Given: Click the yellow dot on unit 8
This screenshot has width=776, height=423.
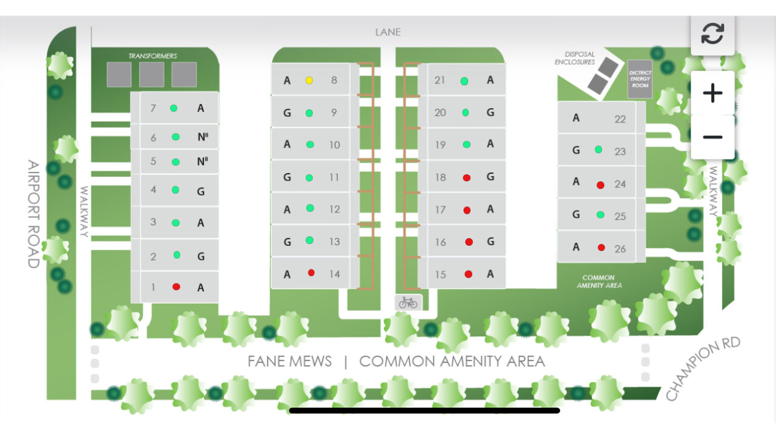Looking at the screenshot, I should point(309,80).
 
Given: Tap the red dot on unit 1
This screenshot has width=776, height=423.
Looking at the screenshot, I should point(176,286).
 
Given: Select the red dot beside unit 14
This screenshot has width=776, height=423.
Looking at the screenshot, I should point(311,273).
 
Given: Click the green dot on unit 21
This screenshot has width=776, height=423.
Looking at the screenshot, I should point(464,81).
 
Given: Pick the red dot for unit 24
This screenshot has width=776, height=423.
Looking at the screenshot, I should point(600,184).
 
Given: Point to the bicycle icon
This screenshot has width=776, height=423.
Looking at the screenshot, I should point(408,302).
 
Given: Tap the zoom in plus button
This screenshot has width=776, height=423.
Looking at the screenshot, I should point(712,93).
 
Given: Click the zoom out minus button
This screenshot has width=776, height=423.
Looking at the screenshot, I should point(712,137).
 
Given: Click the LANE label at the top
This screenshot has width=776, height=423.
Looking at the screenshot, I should point(387,32).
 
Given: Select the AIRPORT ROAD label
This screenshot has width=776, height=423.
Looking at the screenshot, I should point(33,214).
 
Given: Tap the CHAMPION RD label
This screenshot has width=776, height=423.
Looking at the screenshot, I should point(703,368).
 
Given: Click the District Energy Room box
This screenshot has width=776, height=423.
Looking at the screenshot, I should point(640,78).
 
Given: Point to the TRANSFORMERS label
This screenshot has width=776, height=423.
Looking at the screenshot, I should point(152,56).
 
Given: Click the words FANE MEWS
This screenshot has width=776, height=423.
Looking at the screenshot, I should point(289,362).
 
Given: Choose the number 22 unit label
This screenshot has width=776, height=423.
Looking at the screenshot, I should point(620,119).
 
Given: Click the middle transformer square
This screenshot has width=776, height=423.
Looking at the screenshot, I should point(152,74).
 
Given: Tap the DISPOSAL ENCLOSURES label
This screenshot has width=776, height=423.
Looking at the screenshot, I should point(575,58).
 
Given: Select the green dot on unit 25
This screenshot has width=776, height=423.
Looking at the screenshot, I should point(600,215).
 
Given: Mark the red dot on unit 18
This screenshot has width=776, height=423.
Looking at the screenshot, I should point(467,177).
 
